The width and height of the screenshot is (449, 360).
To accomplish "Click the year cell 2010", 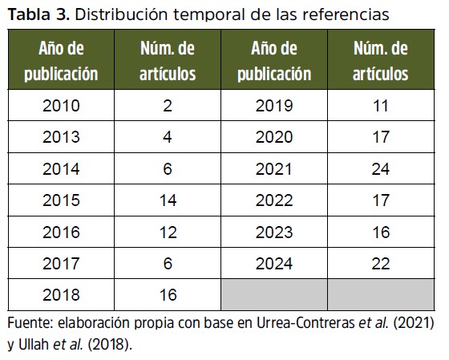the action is pos(61,106).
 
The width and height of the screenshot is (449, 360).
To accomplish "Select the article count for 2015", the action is pos(168,200).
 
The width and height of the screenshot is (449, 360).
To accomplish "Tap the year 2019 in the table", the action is pos(274,106).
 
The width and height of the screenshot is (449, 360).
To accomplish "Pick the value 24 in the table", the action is pos(381,168).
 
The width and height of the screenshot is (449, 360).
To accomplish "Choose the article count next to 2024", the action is pos(381,263).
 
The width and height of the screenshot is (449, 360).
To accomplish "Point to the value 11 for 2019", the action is pos(381,106).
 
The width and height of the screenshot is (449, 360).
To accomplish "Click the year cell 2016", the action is pos(61,232).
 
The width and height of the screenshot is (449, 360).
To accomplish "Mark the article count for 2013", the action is pos(168,137).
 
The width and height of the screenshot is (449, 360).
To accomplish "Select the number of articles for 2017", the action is pos(168,263).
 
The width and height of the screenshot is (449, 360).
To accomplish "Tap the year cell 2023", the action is pos(274,232).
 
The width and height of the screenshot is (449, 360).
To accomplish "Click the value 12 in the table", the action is pos(168,232).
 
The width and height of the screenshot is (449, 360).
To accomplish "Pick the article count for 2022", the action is pos(381,200).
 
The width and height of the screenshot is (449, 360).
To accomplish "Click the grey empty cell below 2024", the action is pos(274,294).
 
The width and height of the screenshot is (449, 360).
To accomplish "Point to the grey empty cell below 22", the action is pos(381,294).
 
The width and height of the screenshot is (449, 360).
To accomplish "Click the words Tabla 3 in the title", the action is pos(38,14).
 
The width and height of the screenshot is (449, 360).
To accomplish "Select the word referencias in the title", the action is pos(346,14).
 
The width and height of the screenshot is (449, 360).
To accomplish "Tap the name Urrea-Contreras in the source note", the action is pos(305,323).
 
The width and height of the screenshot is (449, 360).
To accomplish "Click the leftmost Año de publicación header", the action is pos(61,61).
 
